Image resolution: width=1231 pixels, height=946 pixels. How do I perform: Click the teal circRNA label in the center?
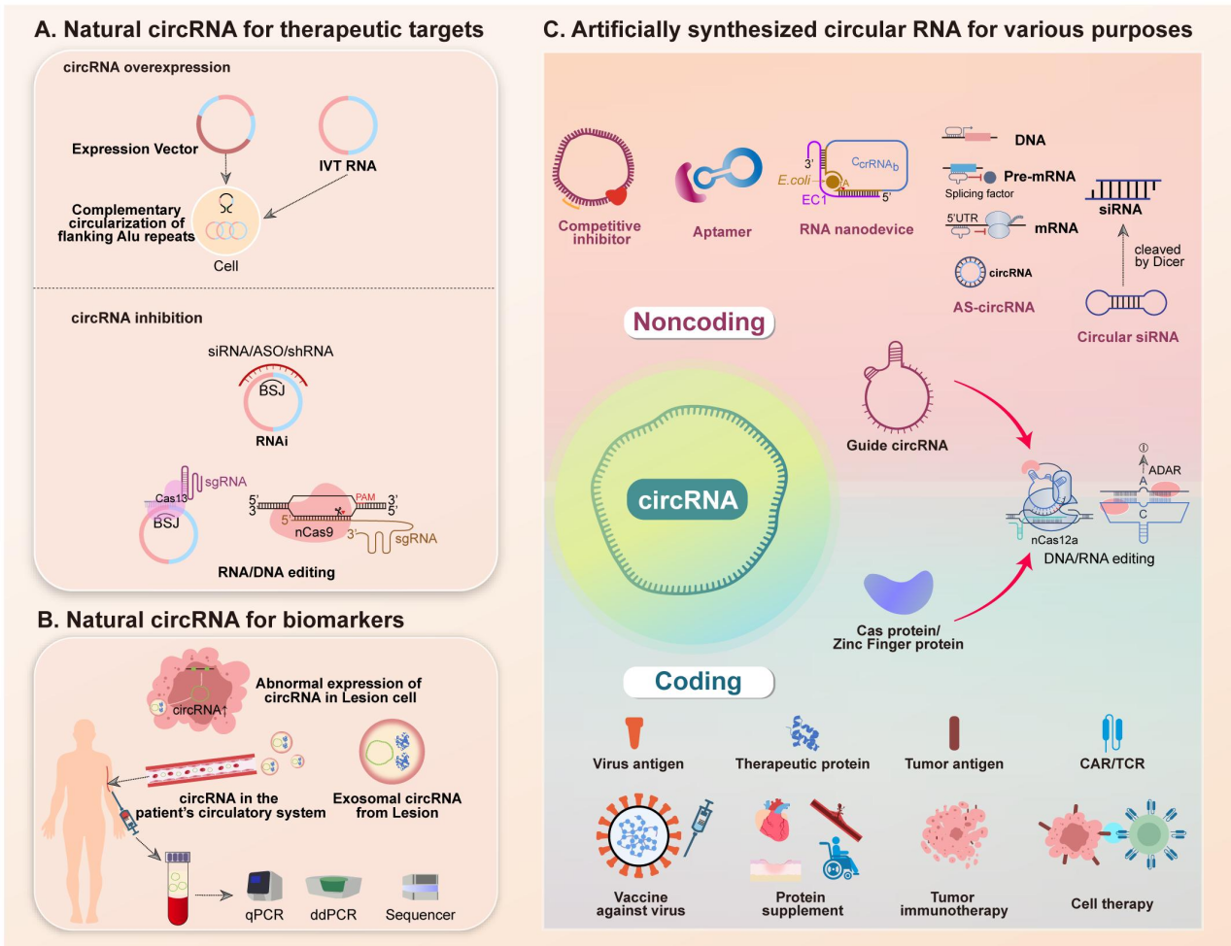point(687,500)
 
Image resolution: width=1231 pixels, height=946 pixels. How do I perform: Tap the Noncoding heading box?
point(699,322)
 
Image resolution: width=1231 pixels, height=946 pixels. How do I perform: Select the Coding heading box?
point(698,682)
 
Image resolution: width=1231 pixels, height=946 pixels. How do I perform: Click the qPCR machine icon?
point(264,886)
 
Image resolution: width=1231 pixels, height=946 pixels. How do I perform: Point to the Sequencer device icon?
point(420,886)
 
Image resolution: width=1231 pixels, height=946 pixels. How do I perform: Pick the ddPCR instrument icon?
point(333,885)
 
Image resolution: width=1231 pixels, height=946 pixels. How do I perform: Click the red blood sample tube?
point(177,888)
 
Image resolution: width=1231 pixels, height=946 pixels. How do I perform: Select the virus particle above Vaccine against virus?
point(638,836)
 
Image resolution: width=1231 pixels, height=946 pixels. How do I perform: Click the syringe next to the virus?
point(700,826)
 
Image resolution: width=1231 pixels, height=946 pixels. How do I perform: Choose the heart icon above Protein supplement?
point(775,822)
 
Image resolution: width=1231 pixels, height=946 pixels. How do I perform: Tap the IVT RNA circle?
point(348,125)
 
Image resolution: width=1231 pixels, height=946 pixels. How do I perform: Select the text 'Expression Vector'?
point(135,150)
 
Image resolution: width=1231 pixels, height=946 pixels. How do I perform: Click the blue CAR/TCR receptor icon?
point(1112,733)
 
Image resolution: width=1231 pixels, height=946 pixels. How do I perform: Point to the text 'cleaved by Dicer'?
point(1158,255)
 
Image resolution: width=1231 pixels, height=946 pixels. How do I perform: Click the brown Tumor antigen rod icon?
point(954,733)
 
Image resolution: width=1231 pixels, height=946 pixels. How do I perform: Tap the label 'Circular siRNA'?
point(1127,337)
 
